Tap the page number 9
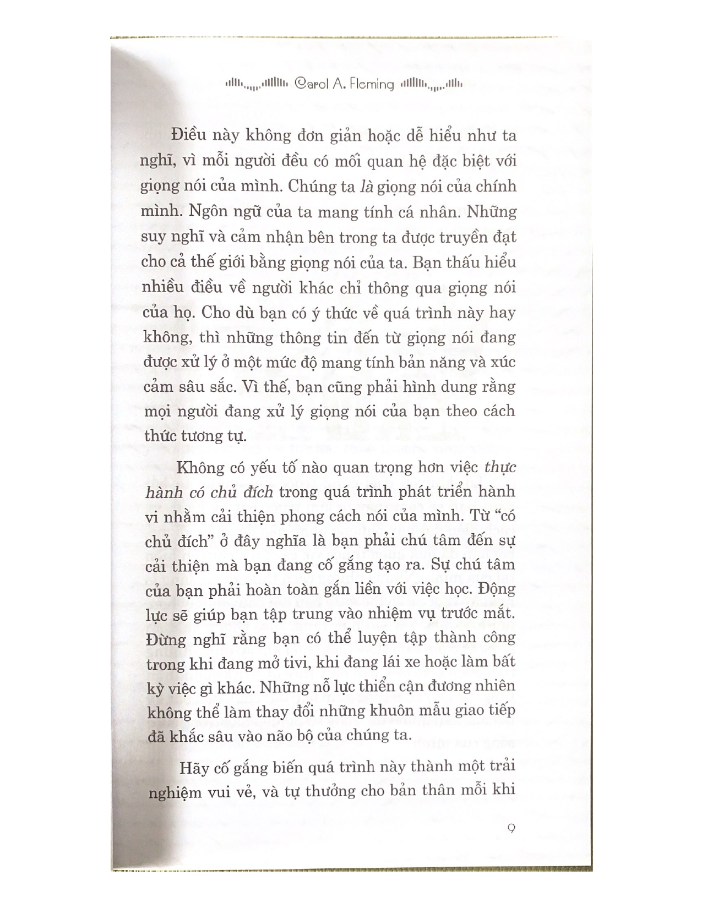click(x=510, y=828)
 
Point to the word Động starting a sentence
click(x=497, y=589)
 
